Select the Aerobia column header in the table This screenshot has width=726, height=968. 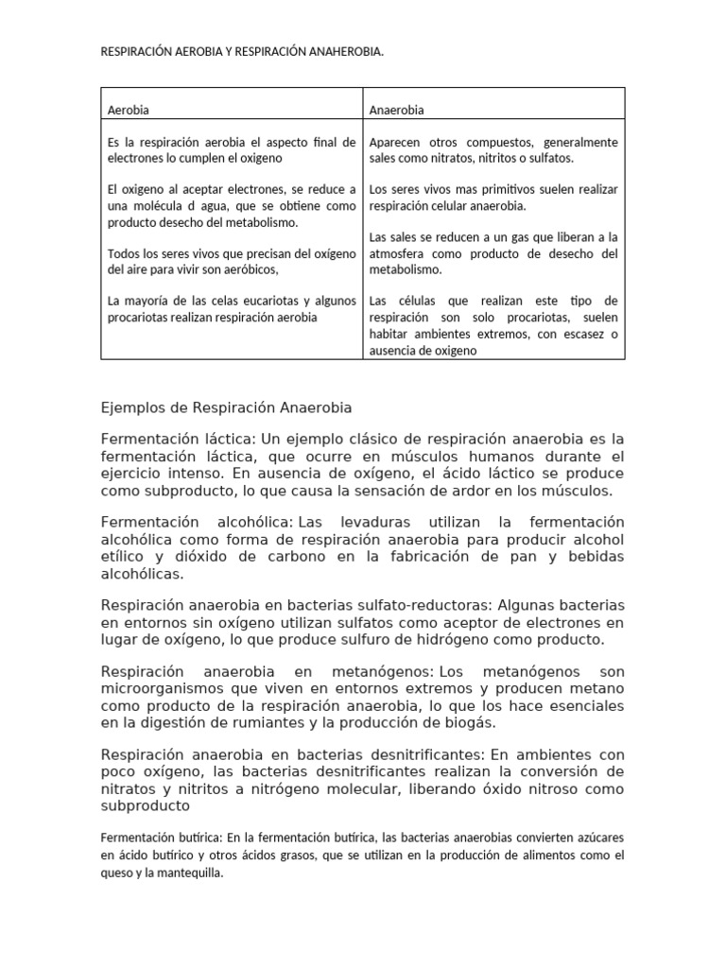click(x=130, y=111)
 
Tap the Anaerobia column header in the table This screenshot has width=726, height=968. click(x=396, y=111)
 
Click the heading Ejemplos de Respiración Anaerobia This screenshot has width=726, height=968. click(x=226, y=407)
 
